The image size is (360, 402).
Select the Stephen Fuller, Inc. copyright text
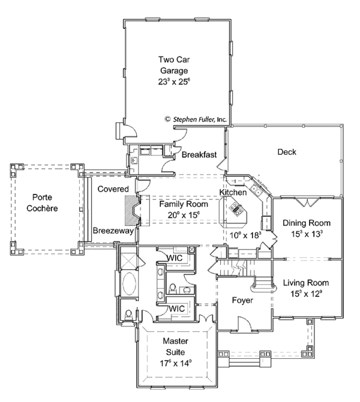coord(196,119)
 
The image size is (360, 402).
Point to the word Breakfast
coord(199,154)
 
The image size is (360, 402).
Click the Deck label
coord(287,152)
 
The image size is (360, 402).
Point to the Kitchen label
coord(233,192)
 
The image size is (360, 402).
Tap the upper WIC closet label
coord(175,258)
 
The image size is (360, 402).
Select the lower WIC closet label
coord(176,308)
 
